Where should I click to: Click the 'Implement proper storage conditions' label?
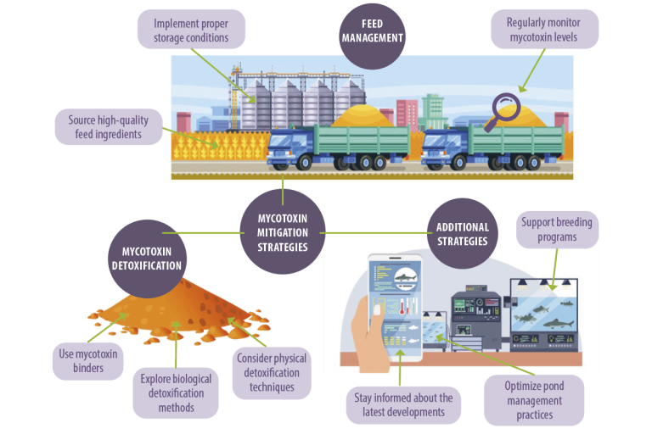[x=191, y=28]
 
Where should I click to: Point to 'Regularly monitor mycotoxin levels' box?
[x=544, y=28]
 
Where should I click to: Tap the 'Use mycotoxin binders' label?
[x=88, y=360]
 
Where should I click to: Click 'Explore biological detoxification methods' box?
[x=176, y=392]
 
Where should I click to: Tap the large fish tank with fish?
[x=545, y=318]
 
